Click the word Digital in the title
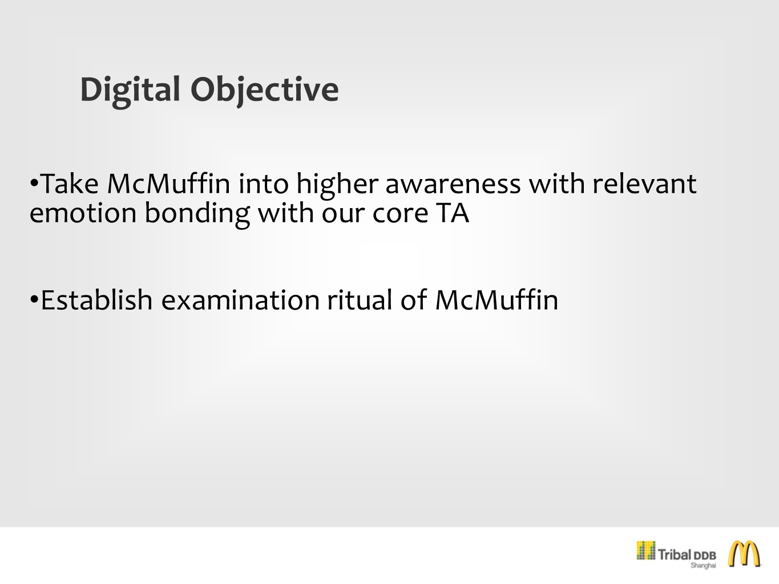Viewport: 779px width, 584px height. [x=130, y=91]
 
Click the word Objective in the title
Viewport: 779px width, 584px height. [x=265, y=91]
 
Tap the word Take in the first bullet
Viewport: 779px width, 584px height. [x=70, y=184]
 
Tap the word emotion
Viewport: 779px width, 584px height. [x=83, y=213]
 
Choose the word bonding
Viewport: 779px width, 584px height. [x=197, y=214]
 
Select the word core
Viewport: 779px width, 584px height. [x=400, y=214]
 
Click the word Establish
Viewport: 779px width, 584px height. [x=96, y=299]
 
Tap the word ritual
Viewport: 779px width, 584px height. [x=360, y=299]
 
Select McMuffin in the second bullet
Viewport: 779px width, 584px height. [x=497, y=299]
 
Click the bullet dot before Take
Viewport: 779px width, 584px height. [x=34, y=184]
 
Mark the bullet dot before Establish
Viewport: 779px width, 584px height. [x=34, y=299]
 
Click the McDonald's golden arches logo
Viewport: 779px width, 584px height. [x=744, y=554]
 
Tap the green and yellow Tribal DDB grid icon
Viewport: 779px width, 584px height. [x=646, y=550]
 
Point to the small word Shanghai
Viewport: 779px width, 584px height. [x=703, y=565]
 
